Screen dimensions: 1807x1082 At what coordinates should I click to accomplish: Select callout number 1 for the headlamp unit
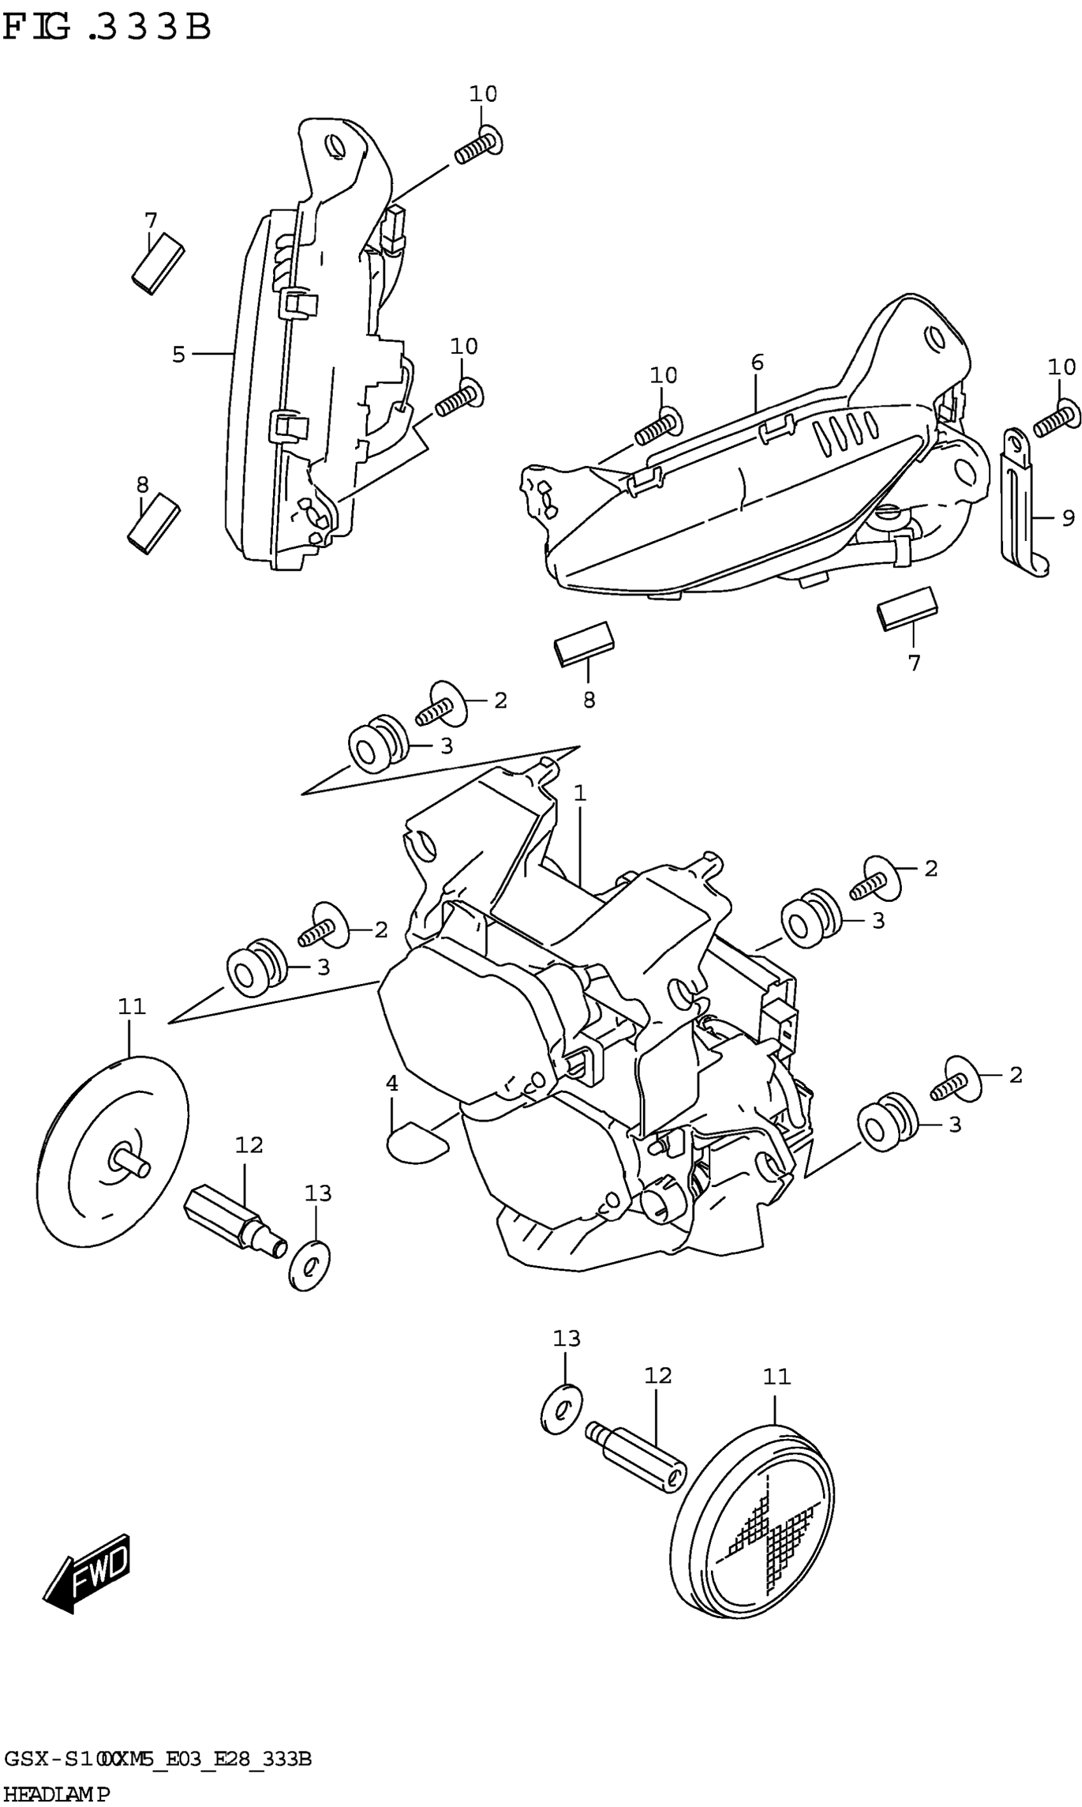pyautogui.click(x=580, y=793)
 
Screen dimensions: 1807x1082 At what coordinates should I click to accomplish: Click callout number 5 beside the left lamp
pyautogui.click(x=179, y=355)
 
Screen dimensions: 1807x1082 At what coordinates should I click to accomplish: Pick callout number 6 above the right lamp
pyautogui.click(x=757, y=362)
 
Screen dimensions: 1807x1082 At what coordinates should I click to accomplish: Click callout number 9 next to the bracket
pyautogui.click(x=1068, y=518)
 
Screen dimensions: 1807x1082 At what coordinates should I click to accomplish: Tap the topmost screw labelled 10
pyautogui.click(x=477, y=145)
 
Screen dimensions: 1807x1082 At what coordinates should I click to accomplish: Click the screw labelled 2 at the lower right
pyautogui.click(x=957, y=1081)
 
